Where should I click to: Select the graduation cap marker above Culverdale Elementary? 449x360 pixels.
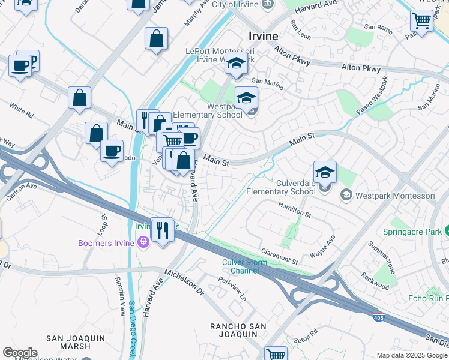[x=325, y=173]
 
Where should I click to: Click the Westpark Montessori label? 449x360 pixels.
[x=395, y=195]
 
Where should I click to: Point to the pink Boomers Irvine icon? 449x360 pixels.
[x=143, y=242]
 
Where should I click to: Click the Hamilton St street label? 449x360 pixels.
[x=294, y=210]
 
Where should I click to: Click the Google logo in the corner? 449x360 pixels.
[x=19, y=353]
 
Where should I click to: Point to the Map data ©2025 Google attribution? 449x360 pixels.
[x=411, y=355]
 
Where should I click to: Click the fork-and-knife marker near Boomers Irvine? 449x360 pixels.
[x=162, y=229]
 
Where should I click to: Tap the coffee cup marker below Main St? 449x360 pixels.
[x=112, y=151]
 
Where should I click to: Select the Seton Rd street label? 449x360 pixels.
[x=306, y=334]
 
